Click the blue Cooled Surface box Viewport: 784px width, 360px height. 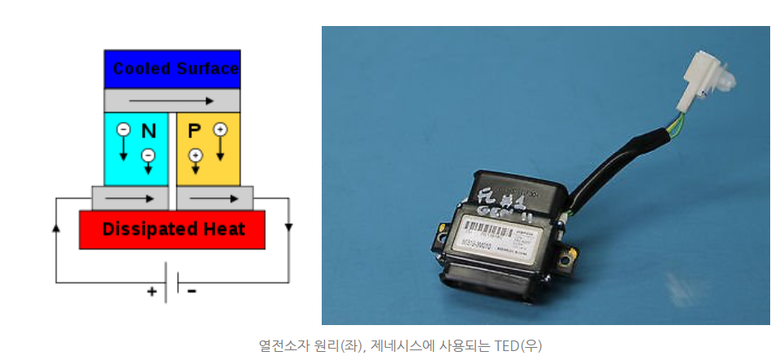[x=172, y=69]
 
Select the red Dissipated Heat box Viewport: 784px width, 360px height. [x=172, y=229]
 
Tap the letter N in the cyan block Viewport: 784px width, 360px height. [x=149, y=131]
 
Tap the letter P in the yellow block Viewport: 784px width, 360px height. [x=193, y=131]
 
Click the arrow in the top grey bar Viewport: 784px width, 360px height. [x=172, y=102]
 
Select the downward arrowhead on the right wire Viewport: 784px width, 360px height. [x=289, y=227]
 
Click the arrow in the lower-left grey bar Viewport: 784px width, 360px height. [x=130, y=197]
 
